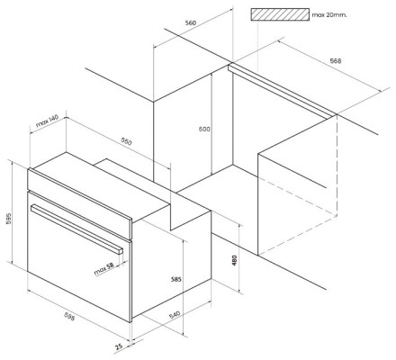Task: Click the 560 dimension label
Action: coord(191,22)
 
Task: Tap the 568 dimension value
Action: coord(336,61)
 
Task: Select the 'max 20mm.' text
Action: coord(329,14)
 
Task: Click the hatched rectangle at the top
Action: coord(280,14)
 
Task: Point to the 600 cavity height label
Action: coord(204,129)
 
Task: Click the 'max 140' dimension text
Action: coord(47,121)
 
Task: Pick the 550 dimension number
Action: coord(126,141)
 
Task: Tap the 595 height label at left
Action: coord(8,220)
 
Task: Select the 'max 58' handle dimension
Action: coord(104,269)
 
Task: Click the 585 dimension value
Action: coord(176,279)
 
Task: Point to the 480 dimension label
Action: coord(235,260)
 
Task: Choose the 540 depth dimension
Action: coord(175,315)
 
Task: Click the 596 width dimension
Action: coord(69,316)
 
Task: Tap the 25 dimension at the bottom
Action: coord(119,346)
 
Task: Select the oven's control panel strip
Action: coord(79,203)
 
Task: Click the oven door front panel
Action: coord(79,257)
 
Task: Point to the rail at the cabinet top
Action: coord(282,91)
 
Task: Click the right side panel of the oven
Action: coord(171,264)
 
